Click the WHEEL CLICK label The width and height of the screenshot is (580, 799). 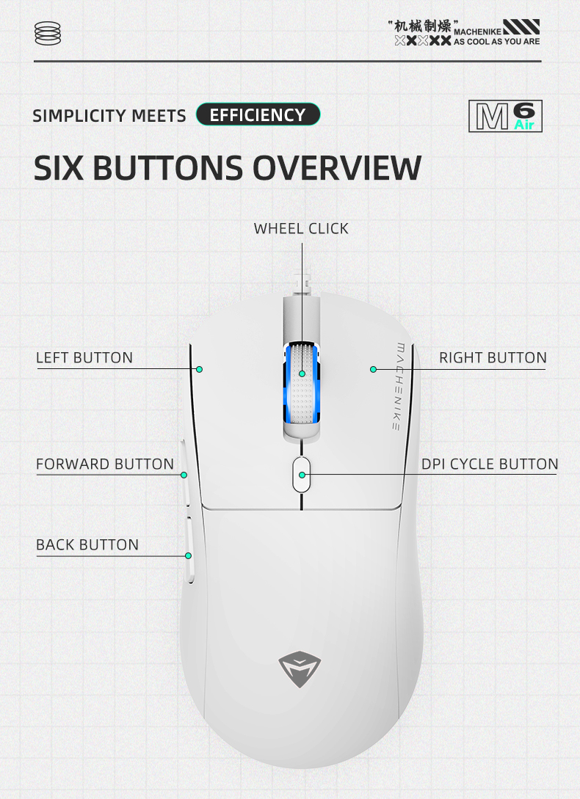click(x=301, y=229)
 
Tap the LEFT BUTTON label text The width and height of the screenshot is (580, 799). click(x=84, y=358)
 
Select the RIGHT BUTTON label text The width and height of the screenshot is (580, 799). click(x=493, y=358)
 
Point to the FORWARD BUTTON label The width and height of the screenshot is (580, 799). click(x=105, y=464)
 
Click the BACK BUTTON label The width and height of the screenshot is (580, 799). click(x=87, y=544)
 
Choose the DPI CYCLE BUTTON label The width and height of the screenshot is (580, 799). click(x=490, y=464)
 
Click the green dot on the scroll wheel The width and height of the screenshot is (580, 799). click(x=302, y=373)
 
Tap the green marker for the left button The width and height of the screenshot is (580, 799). click(x=200, y=369)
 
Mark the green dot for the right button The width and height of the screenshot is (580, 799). click(x=374, y=369)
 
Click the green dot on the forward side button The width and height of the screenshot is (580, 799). click(x=184, y=475)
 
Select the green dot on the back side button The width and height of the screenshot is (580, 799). click(x=188, y=555)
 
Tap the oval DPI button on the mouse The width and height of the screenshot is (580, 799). click(x=302, y=475)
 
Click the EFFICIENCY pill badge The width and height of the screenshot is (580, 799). click(x=258, y=114)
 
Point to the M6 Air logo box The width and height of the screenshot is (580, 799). click(x=506, y=116)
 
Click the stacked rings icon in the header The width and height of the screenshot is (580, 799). click(x=48, y=33)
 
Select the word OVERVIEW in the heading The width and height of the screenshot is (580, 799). click(x=337, y=167)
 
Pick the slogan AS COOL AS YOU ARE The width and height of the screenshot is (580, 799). click(x=497, y=42)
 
